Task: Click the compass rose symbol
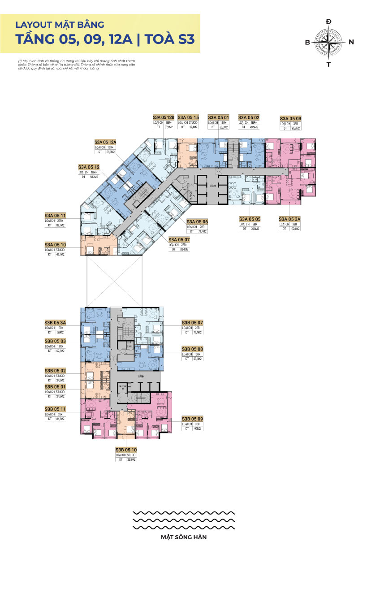[x=329, y=43]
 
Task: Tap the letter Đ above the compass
[x=329, y=22]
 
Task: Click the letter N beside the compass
[x=351, y=42]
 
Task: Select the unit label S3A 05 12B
[x=163, y=117]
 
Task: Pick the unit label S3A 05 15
[x=188, y=117]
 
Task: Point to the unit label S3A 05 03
[x=291, y=118]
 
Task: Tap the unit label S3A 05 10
[x=56, y=244]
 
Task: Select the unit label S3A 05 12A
[x=105, y=142]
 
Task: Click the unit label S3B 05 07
[x=193, y=323]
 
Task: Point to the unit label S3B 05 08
[x=193, y=349]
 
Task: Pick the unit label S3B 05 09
[x=193, y=419]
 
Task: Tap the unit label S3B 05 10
[x=126, y=449]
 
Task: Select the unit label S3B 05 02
[x=56, y=371]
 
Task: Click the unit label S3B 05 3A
[x=56, y=323]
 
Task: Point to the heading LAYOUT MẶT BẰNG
[x=60, y=25]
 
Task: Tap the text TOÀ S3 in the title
[x=168, y=39]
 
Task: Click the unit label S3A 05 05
[x=250, y=219]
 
